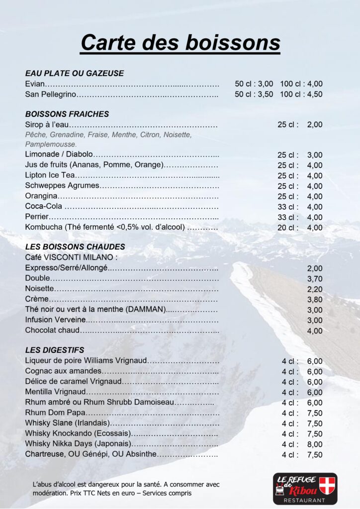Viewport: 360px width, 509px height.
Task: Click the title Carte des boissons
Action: click(x=180, y=42)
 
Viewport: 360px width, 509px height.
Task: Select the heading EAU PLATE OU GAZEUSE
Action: click(x=74, y=73)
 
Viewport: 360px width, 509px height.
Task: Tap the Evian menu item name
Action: click(x=35, y=84)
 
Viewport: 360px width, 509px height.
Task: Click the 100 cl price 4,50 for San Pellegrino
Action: click(x=314, y=94)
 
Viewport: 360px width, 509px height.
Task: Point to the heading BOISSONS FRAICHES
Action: click(x=67, y=114)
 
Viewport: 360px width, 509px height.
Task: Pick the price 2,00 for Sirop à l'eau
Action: click(x=314, y=125)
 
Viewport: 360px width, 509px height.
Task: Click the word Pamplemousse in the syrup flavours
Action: click(x=48, y=144)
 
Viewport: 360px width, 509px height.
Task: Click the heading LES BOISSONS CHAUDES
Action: click(x=75, y=247)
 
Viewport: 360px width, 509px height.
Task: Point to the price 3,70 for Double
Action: click(x=315, y=279)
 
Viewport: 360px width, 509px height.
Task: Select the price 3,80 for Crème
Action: click(x=315, y=300)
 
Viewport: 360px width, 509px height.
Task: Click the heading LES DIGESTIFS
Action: click(x=55, y=350)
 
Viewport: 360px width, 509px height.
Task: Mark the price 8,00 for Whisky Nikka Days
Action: click(x=315, y=444)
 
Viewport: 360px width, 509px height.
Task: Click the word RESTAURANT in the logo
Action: click(x=305, y=500)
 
